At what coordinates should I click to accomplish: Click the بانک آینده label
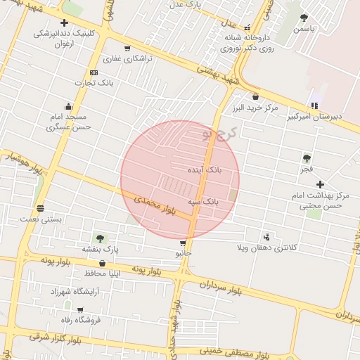click(204, 171)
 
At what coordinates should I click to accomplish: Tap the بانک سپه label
click(203, 202)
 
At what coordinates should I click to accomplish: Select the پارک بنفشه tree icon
click(100, 238)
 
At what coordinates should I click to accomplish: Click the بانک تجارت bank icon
click(94, 73)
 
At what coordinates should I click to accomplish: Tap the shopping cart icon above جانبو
click(183, 243)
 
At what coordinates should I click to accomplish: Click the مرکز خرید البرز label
click(255, 108)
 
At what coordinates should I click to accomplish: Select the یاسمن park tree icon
click(304, 18)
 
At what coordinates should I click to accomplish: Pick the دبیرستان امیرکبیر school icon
click(314, 105)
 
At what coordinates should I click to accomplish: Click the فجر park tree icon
click(307, 158)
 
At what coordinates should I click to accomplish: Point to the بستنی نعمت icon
click(40, 208)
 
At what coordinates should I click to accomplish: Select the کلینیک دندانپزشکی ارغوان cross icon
click(64, 22)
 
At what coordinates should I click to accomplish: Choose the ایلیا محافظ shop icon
click(103, 263)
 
